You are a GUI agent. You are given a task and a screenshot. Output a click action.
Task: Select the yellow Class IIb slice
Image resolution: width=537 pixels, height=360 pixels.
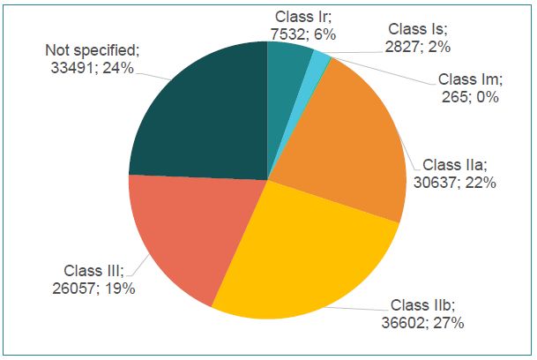(300, 256)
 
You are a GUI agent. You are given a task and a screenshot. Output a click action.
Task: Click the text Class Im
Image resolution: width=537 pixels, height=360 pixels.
(469, 79)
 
